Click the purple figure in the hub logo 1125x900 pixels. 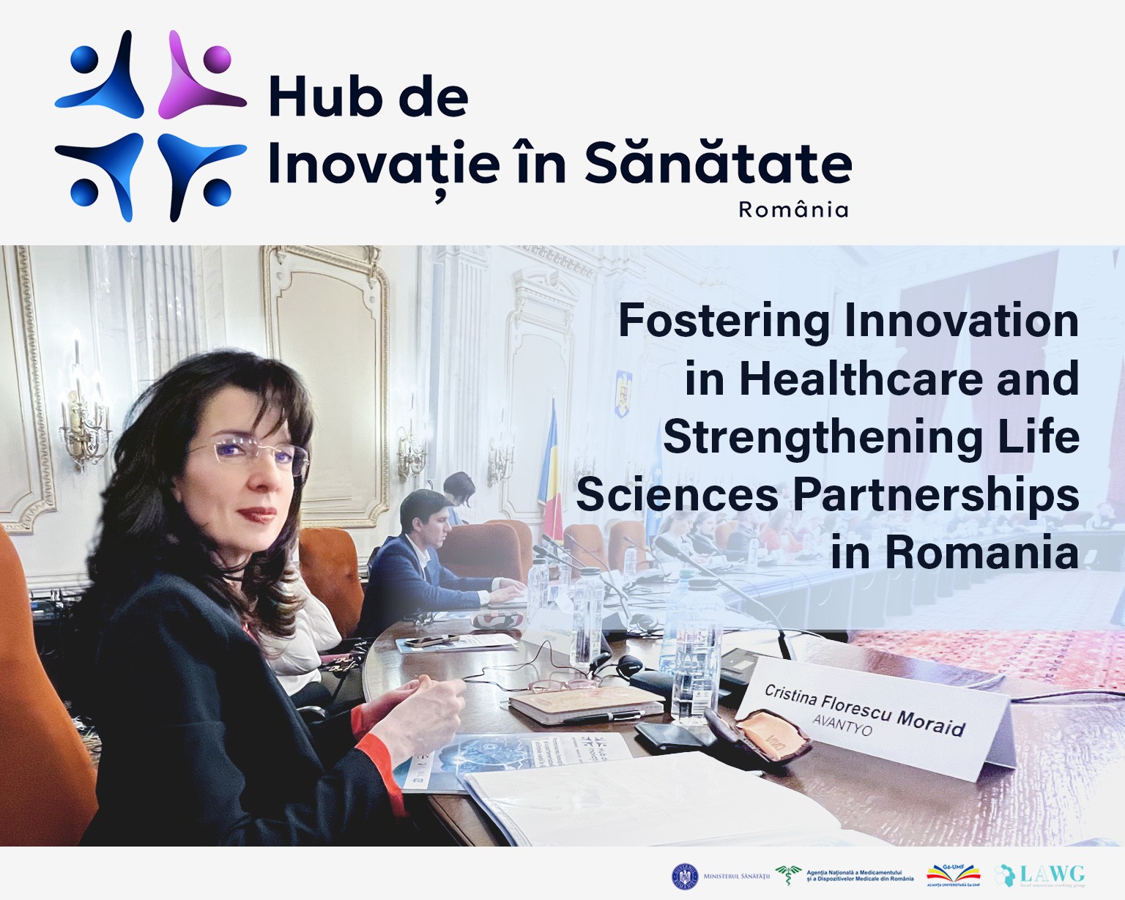click(x=199, y=77)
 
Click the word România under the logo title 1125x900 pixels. click(x=793, y=210)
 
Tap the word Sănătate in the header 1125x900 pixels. click(x=718, y=163)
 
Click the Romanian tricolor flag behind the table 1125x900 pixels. click(x=551, y=461)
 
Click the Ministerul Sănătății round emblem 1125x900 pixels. click(x=685, y=876)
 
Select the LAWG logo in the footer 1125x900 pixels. click(x=1041, y=875)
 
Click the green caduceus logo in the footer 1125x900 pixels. click(x=788, y=874)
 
